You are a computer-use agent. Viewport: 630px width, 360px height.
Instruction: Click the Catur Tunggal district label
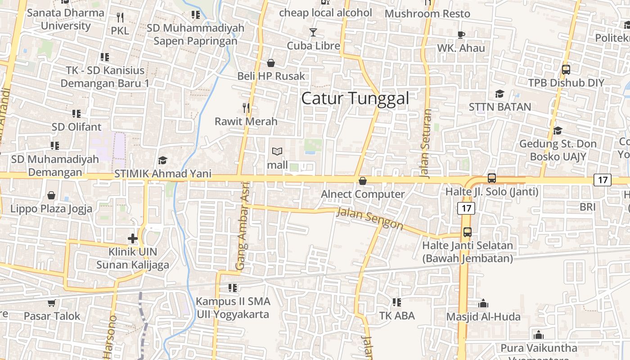tap(355, 98)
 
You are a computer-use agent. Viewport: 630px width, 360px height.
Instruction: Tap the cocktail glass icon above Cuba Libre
tap(313, 32)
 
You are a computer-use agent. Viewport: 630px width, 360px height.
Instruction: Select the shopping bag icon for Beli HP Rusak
tap(271, 63)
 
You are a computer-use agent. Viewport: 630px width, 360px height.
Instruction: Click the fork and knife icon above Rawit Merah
tap(246, 108)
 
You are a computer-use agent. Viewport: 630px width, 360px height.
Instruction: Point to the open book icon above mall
tap(277, 152)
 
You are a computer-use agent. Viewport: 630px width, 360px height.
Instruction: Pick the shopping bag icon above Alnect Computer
tap(363, 181)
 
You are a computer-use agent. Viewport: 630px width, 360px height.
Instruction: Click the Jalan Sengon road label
tap(369, 218)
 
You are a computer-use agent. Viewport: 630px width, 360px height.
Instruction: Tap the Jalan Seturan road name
tap(427, 143)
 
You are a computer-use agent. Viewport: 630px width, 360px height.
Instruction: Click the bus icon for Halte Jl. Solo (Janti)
tap(492, 178)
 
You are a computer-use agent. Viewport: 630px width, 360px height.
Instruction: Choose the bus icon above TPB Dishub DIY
tap(566, 70)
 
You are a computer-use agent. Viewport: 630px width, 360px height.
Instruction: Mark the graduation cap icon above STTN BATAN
tap(499, 94)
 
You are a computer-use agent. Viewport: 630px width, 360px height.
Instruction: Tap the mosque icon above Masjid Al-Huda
tap(483, 304)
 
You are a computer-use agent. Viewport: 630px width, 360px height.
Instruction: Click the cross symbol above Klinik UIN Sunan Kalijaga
tap(133, 238)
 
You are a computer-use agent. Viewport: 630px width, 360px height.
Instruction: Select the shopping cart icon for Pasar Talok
tap(52, 303)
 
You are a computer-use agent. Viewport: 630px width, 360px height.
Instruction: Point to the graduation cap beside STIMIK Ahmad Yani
tap(162, 160)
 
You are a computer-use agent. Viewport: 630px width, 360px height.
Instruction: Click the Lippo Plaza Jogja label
tap(51, 209)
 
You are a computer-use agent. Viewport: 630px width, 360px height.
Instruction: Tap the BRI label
tap(588, 207)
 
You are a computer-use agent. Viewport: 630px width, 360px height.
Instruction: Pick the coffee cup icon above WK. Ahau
tap(461, 35)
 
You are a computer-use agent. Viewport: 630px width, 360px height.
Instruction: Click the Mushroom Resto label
tap(427, 13)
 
